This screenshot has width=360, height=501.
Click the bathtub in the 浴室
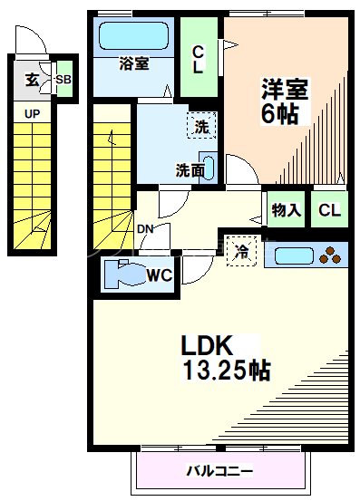[133, 35]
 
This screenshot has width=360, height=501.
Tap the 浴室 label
[134, 63]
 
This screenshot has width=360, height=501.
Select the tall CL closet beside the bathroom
[199, 57]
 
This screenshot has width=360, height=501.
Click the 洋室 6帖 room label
[284, 101]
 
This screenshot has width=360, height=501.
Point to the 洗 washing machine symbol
[201, 126]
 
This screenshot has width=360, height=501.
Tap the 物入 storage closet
[286, 209]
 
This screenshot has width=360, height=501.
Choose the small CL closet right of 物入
[329, 209]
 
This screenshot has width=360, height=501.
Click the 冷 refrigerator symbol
[242, 251]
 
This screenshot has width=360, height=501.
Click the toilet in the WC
[125, 275]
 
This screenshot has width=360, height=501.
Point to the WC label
[160, 275]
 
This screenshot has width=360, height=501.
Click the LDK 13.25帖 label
[226, 358]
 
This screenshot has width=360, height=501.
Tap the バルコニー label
[220, 470]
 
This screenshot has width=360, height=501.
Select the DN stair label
[145, 229]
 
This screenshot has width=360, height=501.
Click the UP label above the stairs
[32, 113]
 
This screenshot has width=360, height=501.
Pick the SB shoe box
[63, 79]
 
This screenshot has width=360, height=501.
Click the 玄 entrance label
[32, 80]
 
